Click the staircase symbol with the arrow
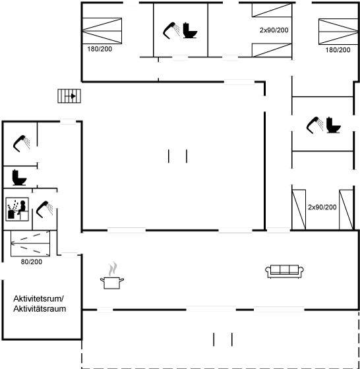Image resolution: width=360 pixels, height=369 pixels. [69, 96]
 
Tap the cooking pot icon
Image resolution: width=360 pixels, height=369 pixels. [112, 276]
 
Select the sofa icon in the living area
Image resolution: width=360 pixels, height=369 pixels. [284, 271]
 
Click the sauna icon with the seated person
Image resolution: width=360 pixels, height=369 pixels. [17, 210]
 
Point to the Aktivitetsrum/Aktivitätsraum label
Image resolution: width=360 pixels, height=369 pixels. [40, 304]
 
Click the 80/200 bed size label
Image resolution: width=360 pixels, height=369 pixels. [32, 262]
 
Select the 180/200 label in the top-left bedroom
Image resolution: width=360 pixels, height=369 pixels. [100, 49]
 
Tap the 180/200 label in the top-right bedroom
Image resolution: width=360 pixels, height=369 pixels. [338, 49]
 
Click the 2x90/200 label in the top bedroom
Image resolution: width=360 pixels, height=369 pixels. [274, 30]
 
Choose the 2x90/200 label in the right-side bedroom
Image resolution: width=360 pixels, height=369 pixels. [322, 207]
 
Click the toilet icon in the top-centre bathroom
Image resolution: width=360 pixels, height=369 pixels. [190, 30]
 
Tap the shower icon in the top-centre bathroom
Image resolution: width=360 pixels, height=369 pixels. [171, 30]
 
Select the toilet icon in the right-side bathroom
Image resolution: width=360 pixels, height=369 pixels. [334, 125]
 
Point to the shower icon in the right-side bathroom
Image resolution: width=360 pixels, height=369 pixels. [315, 125]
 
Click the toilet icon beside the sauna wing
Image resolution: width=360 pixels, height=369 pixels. [19, 177]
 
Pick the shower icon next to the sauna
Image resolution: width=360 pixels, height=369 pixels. [44, 210]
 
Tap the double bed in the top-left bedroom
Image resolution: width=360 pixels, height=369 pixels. [102, 31]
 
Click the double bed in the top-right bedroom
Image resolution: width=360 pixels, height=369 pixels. [338, 32]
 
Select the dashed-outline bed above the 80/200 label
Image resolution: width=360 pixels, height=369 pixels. [30, 243]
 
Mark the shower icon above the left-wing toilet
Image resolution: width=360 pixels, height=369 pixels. [21, 144]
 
